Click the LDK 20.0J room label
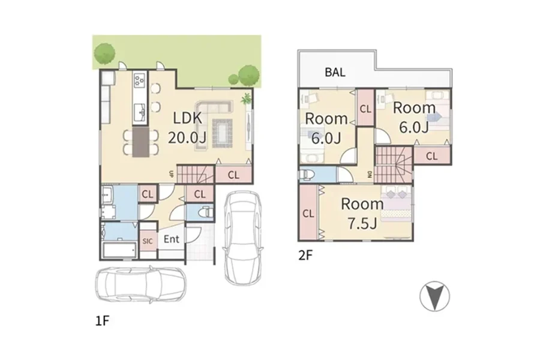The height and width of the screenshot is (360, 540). pos(187,128)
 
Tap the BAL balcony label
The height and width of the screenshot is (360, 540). pos(335,73)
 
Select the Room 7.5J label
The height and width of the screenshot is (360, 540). pos(362,214)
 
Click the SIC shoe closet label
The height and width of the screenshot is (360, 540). pos(148,241)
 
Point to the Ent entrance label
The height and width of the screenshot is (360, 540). pos(171,239)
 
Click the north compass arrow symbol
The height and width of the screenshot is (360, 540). pos(434,296)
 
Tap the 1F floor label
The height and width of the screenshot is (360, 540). pos(102,321)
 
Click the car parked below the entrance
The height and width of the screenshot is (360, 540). pos(141,284)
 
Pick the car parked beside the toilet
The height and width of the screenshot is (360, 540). pos(242,238)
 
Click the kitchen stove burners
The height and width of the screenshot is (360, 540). pos(139,80)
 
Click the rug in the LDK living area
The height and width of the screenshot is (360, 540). pos(223,133)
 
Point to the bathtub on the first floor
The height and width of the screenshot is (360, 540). pos(118,250)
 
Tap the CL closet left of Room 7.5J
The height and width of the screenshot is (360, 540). pos(308,213)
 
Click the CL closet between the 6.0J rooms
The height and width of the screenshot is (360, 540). pos(365,108)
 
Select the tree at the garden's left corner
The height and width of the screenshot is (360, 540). pos(104,54)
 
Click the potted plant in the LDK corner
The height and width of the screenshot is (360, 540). pos(246,99)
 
